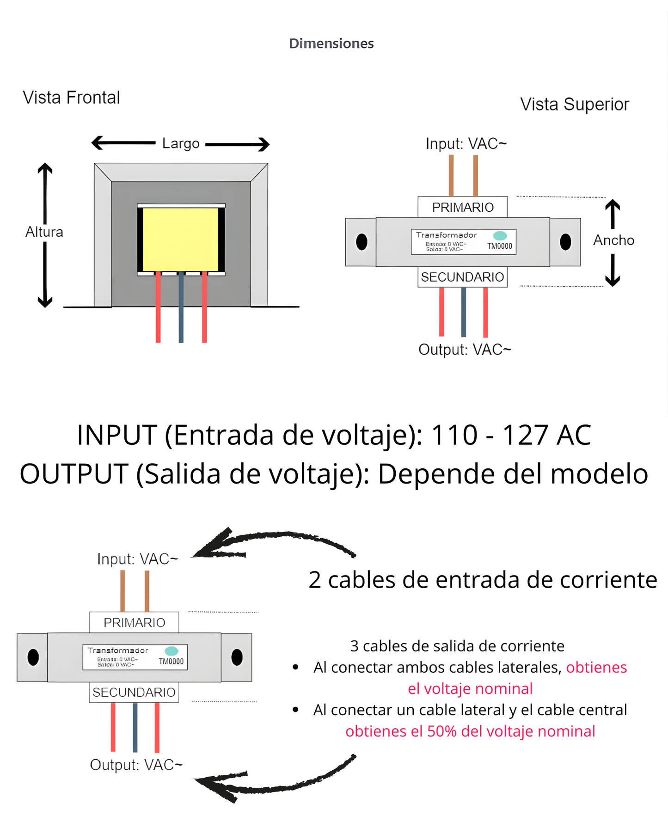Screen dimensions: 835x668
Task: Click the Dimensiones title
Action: point(331,43)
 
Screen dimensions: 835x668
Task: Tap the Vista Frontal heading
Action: point(71,98)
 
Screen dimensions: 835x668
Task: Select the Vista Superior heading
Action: point(574,104)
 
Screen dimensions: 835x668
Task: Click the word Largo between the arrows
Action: point(181,143)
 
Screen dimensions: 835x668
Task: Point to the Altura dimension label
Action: point(44,232)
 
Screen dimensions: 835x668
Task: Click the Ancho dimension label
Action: point(613,240)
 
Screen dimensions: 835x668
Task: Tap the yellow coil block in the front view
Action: point(180,239)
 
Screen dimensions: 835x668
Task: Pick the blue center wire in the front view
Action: point(181,307)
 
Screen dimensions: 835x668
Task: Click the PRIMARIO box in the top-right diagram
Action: point(462,207)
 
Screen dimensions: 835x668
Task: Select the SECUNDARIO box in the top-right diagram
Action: point(462,277)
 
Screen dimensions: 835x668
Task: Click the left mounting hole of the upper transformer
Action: point(362,242)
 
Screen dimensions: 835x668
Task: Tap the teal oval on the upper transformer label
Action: point(500,235)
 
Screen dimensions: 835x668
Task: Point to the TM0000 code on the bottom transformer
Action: point(171,662)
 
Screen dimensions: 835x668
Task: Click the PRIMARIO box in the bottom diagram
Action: point(134,622)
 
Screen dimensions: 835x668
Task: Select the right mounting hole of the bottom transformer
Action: point(237,657)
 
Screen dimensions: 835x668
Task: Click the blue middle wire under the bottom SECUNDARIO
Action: point(135,727)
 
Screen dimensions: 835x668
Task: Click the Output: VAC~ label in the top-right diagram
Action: point(465,350)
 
